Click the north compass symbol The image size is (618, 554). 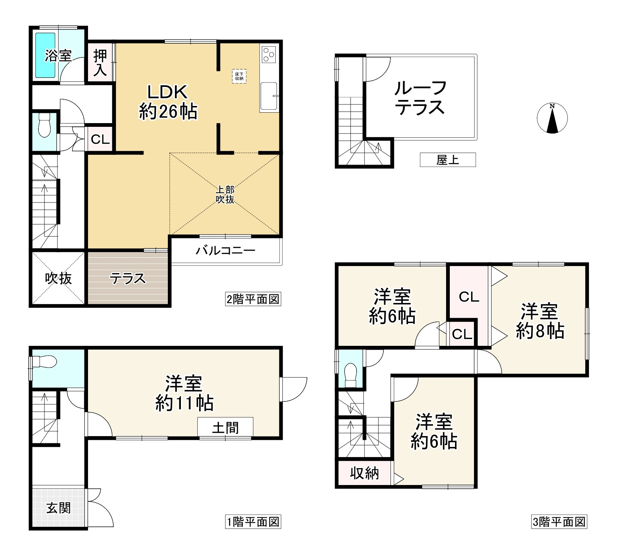pos(552,118)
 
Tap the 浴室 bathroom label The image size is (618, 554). pos(58,56)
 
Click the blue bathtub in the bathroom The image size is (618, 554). pos(45,56)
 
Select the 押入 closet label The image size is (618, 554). pos(100,63)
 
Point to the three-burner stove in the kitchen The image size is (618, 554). pos(269,54)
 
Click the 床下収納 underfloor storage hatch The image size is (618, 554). pos(239,76)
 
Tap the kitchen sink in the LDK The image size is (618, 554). pos(269,96)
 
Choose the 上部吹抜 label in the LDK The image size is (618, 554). pos(225,194)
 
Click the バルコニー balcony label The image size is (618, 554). pos(226,250)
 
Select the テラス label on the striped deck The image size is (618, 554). pos(128,278)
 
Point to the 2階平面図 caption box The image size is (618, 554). pos(253,299)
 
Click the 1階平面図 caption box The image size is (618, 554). pos(253,522)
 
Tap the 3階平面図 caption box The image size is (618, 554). pos(559,522)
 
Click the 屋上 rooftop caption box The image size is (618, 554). pos(448,160)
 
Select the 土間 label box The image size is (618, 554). pos(225,428)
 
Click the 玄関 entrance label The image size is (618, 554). pos(58,508)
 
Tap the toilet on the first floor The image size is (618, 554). pos(44,361)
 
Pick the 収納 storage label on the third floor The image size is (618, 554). pos(364,473)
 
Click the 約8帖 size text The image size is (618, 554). pos(540,331)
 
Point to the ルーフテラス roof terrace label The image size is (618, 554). pos(420,98)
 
